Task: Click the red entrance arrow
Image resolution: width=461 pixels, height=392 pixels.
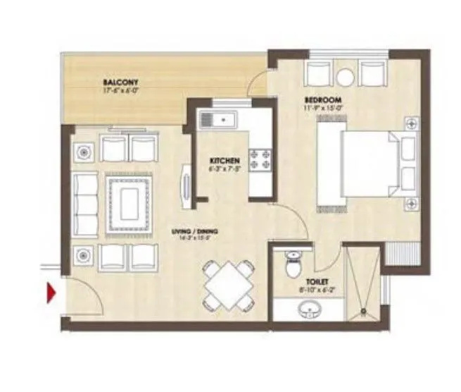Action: point(51,292)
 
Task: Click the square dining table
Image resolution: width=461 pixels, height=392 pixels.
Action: point(227,283)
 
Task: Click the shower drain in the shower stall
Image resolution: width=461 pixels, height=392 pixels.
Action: point(363,309)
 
